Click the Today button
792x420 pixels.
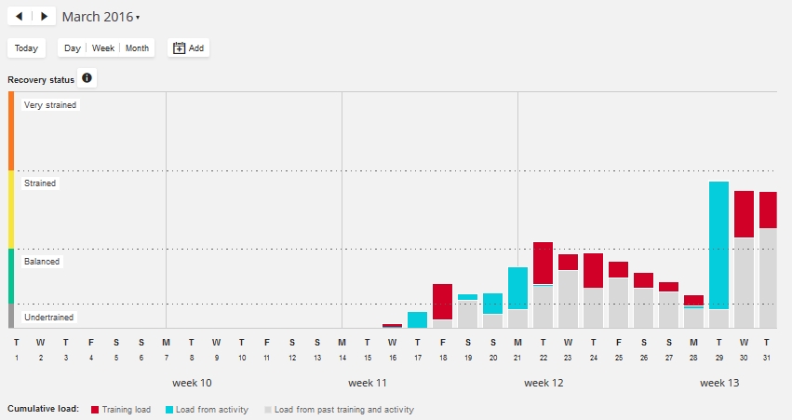[26, 48]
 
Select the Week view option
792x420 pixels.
[103, 48]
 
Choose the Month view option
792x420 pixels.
[137, 48]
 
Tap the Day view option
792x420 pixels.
[73, 48]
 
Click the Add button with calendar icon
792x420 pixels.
[189, 48]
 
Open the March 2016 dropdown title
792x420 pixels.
[101, 17]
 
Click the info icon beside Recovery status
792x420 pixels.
[87, 78]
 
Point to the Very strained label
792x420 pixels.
[51, 105]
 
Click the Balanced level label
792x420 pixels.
[42, 262]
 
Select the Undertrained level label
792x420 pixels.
[49, 318]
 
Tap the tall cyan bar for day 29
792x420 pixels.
[718, 244]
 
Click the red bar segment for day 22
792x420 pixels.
[544, 263]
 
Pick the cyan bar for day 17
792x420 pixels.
[418, 319]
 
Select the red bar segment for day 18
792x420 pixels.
[443, 302]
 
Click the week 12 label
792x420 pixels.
[544, 383]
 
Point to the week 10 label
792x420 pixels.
[193, 383]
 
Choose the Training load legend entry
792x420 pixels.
[124, 410]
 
